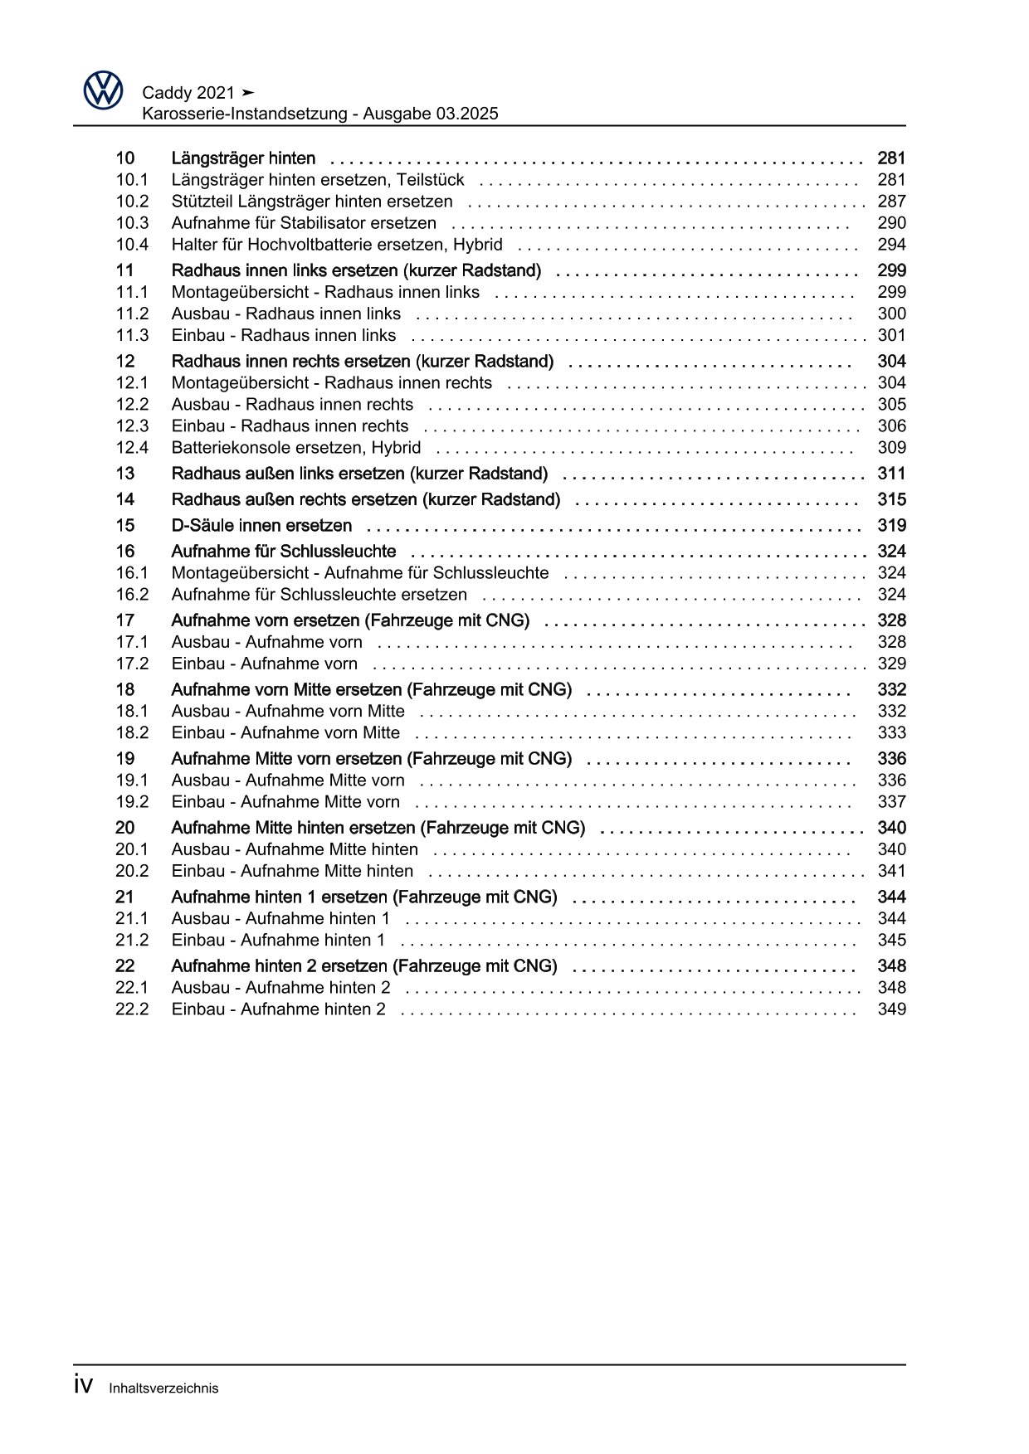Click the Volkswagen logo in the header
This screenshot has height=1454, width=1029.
tap(103, 90)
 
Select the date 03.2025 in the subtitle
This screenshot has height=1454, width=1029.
tap(466, 114)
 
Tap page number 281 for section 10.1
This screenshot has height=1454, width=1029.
tap(891, 180)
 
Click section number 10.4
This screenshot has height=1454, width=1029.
tap(132, 245)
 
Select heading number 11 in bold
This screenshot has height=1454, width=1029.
tap(124, 270)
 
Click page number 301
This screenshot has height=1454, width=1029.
tap(891, 335)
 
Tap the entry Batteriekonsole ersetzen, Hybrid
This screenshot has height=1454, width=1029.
tap(296, 448)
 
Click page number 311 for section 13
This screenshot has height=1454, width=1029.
tap(891, 474)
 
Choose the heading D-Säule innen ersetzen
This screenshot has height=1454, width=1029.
tap(261, 526)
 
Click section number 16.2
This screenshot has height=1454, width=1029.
tap(132, 595)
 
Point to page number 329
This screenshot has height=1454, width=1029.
tap(891, 664)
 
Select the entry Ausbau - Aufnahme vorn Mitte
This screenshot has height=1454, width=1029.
tap(288, 712)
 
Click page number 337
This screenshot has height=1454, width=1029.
tap(891, 802)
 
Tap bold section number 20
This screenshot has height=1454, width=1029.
tap(124, 828)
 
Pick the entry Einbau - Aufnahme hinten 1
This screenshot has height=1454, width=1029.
tap(278, 941)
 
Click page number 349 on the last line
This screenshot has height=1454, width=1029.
tap(891, 1009)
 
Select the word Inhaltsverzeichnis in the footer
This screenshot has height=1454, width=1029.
tap(163, 1388)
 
